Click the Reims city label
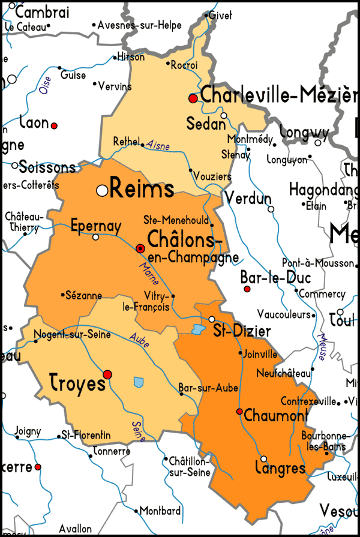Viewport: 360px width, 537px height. point(143,190)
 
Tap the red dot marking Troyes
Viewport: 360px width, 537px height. point(107,374)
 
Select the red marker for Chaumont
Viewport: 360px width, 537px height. point(239,412)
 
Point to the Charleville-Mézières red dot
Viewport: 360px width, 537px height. point(193,98)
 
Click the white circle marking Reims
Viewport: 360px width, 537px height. point(103,190)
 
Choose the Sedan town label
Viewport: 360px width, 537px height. point(206,125)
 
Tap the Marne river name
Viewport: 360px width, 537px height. point(146,273)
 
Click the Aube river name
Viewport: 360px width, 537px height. point(139,340)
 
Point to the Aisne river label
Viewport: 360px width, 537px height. point(158,146)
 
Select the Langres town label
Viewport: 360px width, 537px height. point(280,468)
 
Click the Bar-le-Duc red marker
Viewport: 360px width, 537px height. point(246,289)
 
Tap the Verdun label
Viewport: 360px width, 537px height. point(248,199)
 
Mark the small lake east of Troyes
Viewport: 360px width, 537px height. point(139,382)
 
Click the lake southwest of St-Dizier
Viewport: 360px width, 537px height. point(198,329)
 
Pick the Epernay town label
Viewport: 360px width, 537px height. point(96,226)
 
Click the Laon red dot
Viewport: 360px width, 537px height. point(54,125)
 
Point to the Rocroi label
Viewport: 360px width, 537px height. point(184,65)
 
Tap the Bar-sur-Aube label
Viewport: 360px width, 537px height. point(205,388)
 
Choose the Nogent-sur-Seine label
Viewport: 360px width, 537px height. point(72,334)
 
